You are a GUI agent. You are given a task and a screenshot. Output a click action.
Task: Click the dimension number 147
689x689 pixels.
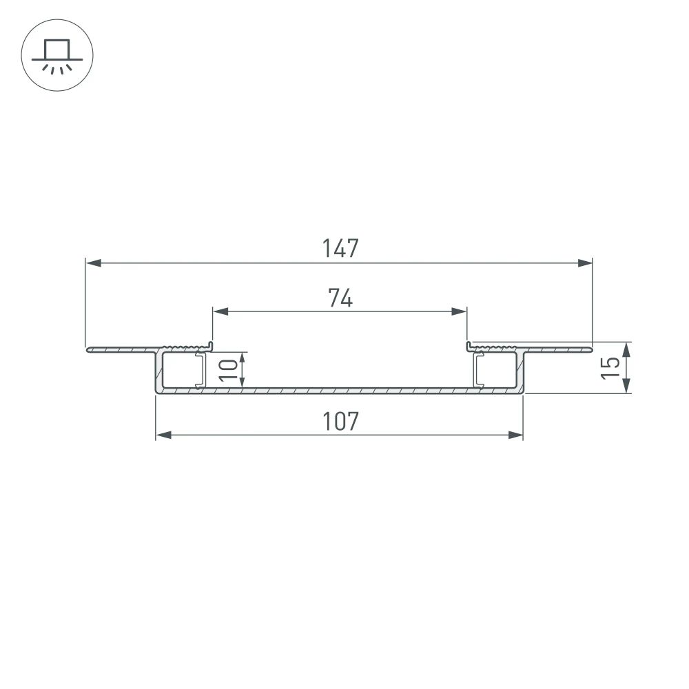click(x=340, y=248)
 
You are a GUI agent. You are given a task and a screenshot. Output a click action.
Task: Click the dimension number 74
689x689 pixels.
click(x=340, y=298)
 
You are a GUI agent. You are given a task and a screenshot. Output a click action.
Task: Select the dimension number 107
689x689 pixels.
click(x=340, y=421)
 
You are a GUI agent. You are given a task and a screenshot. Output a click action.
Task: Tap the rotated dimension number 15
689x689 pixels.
click(x=609, y=368)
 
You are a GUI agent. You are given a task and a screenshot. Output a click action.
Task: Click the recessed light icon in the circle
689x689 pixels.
click(x=57, y=56)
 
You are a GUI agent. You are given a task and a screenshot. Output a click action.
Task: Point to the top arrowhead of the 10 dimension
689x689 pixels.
click(x=243, y=359)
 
